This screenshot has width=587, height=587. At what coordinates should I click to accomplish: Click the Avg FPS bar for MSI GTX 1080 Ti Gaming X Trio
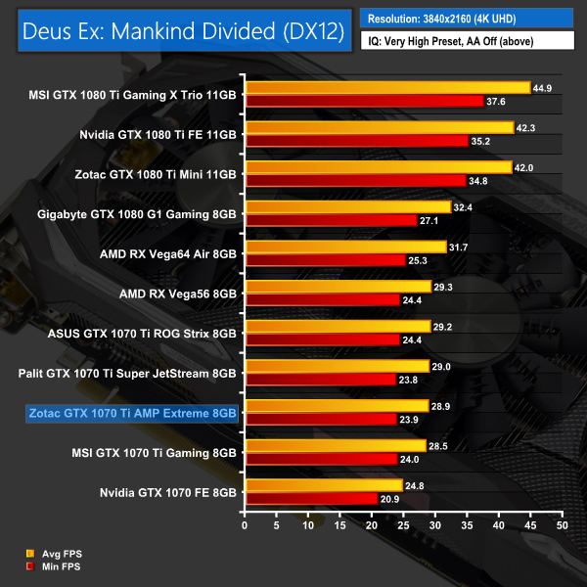tap(387, 87)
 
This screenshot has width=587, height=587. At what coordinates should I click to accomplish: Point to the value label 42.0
tap(526, 167)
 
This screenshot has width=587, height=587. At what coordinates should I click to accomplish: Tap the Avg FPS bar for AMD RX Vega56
tap(339, 287)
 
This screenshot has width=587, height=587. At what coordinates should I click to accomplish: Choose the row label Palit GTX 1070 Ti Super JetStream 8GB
tap(127, 373)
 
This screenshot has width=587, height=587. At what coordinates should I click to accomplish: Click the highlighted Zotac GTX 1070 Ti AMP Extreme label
tap(132, 413)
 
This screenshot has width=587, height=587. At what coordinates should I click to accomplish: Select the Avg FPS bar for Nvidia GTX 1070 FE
tap(324, 485)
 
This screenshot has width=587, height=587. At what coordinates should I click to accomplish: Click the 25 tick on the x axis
tap(403, 526)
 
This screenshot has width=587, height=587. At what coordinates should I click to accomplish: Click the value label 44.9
tap(545, 87)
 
